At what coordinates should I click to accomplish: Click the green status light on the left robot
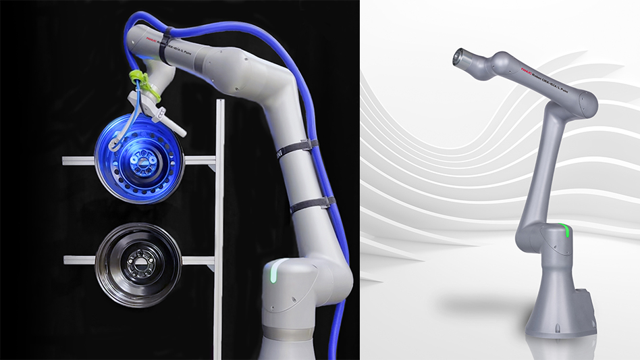click(x=272, y=274)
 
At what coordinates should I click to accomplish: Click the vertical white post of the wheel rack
click(x=219, y=223)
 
